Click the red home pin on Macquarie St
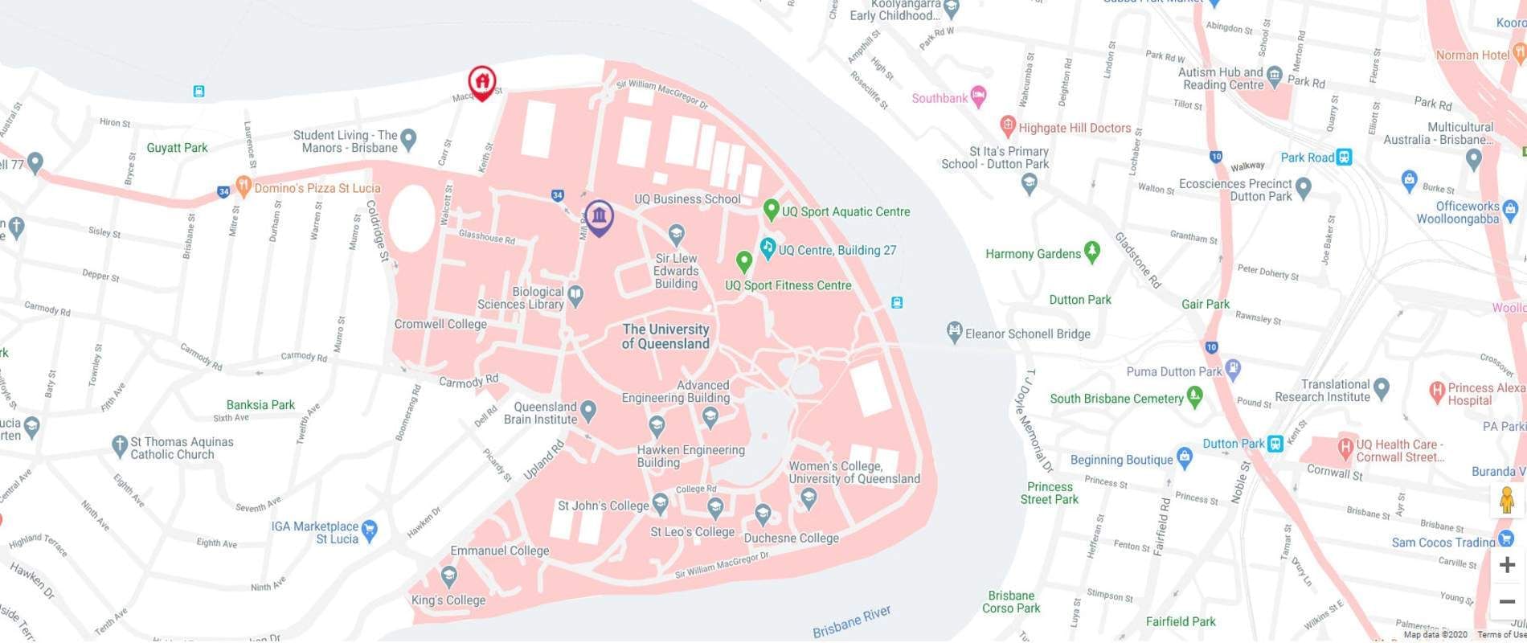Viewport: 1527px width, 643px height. tap(481, 82)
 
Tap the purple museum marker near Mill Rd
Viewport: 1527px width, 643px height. tap(599, 216)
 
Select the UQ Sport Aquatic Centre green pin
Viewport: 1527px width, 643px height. tap(771, 211)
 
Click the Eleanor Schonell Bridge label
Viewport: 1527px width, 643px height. tap(1027, 334)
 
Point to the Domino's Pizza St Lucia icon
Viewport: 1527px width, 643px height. tap(242, 187)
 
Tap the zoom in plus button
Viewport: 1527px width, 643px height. tap(1507, 565)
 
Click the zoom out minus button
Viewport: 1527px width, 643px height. tap(1507, 601)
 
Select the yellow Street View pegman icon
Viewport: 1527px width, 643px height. tap(1507, 501)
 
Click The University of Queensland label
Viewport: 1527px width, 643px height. tap(665, 336)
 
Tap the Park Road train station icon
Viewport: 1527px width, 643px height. tap(1344, 158)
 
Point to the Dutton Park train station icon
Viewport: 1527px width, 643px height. tap(1275, 444)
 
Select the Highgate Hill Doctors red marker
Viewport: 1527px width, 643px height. tap(1007, 126)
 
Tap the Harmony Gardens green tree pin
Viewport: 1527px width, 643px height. tap(1091, 252)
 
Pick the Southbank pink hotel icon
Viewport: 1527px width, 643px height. tap(978, 97)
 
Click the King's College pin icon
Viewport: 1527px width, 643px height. tap(449, 576)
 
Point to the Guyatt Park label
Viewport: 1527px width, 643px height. tap(177, 148)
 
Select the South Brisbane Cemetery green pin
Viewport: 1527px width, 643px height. tap(1194, 396)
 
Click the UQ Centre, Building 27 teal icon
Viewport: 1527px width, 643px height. tap(768, 248)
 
